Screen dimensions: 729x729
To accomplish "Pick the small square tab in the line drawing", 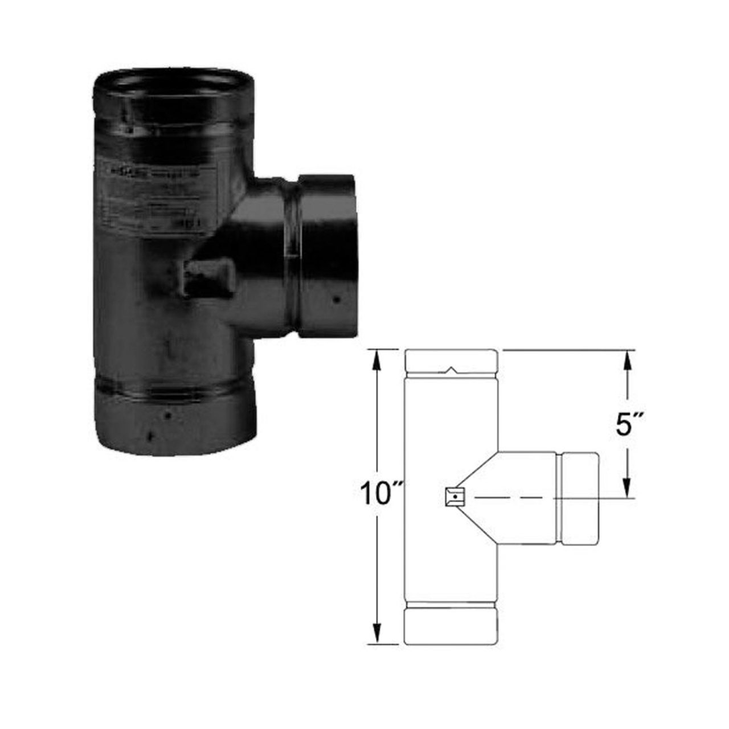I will click(x=454, y=498).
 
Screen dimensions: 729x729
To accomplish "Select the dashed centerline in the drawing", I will click(x=513, y=498).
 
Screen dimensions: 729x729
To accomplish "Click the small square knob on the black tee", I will click(x=206, y=277).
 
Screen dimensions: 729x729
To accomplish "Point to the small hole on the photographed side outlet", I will click(x=337, y=298).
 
